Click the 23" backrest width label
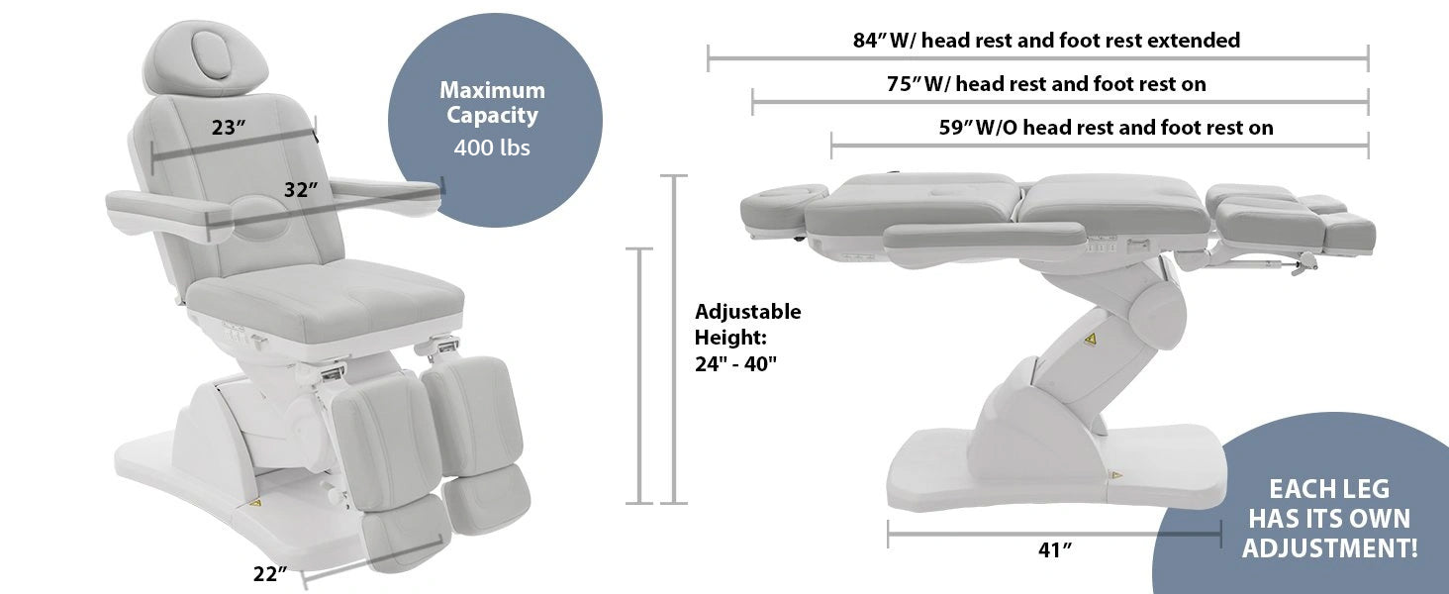pyautogui.click(x=229, y=128)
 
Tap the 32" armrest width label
pyautogui.click(x=302, y=190)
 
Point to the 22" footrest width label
pyautogui.click(x=270, y=573)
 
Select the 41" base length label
pyautogui.click(x=1054, y=550)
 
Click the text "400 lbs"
pyautogui.click(x=492, y=148)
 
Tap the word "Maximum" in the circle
pyautogui.click(x=492, y=90)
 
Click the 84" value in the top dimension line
pyautogui.click(x=869, y=41)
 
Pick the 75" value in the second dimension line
pyautogui.click(x=904, y=84)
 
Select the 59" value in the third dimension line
pyautogui.click(x=956, y=128)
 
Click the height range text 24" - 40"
pyautogui.click(x=735, y=363)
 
